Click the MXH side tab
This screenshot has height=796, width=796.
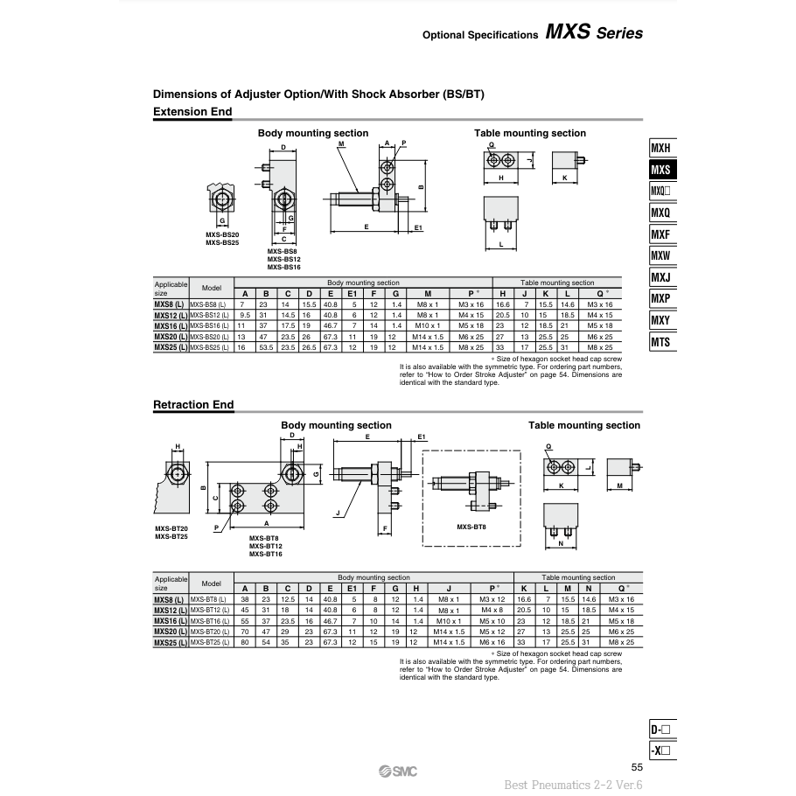point(660,149)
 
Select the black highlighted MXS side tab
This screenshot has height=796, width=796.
point(660,170)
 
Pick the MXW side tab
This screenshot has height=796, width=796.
point(660,255)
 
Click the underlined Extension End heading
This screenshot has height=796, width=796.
point(192,112)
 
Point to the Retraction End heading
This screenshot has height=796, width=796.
point(193,405)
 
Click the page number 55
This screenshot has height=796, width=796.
point(636,767)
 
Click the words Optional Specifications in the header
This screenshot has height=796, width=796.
point(479,36)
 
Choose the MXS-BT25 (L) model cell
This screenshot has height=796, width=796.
point(211,642)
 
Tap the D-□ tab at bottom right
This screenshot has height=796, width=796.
point(662,730)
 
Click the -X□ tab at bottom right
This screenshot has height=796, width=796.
point(662,751)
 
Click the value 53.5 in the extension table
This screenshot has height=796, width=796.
point(266,347)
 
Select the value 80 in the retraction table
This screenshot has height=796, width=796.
point(245,642)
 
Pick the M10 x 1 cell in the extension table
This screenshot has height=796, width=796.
point(426,325)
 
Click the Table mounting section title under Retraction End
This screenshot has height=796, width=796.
point(583,425)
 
